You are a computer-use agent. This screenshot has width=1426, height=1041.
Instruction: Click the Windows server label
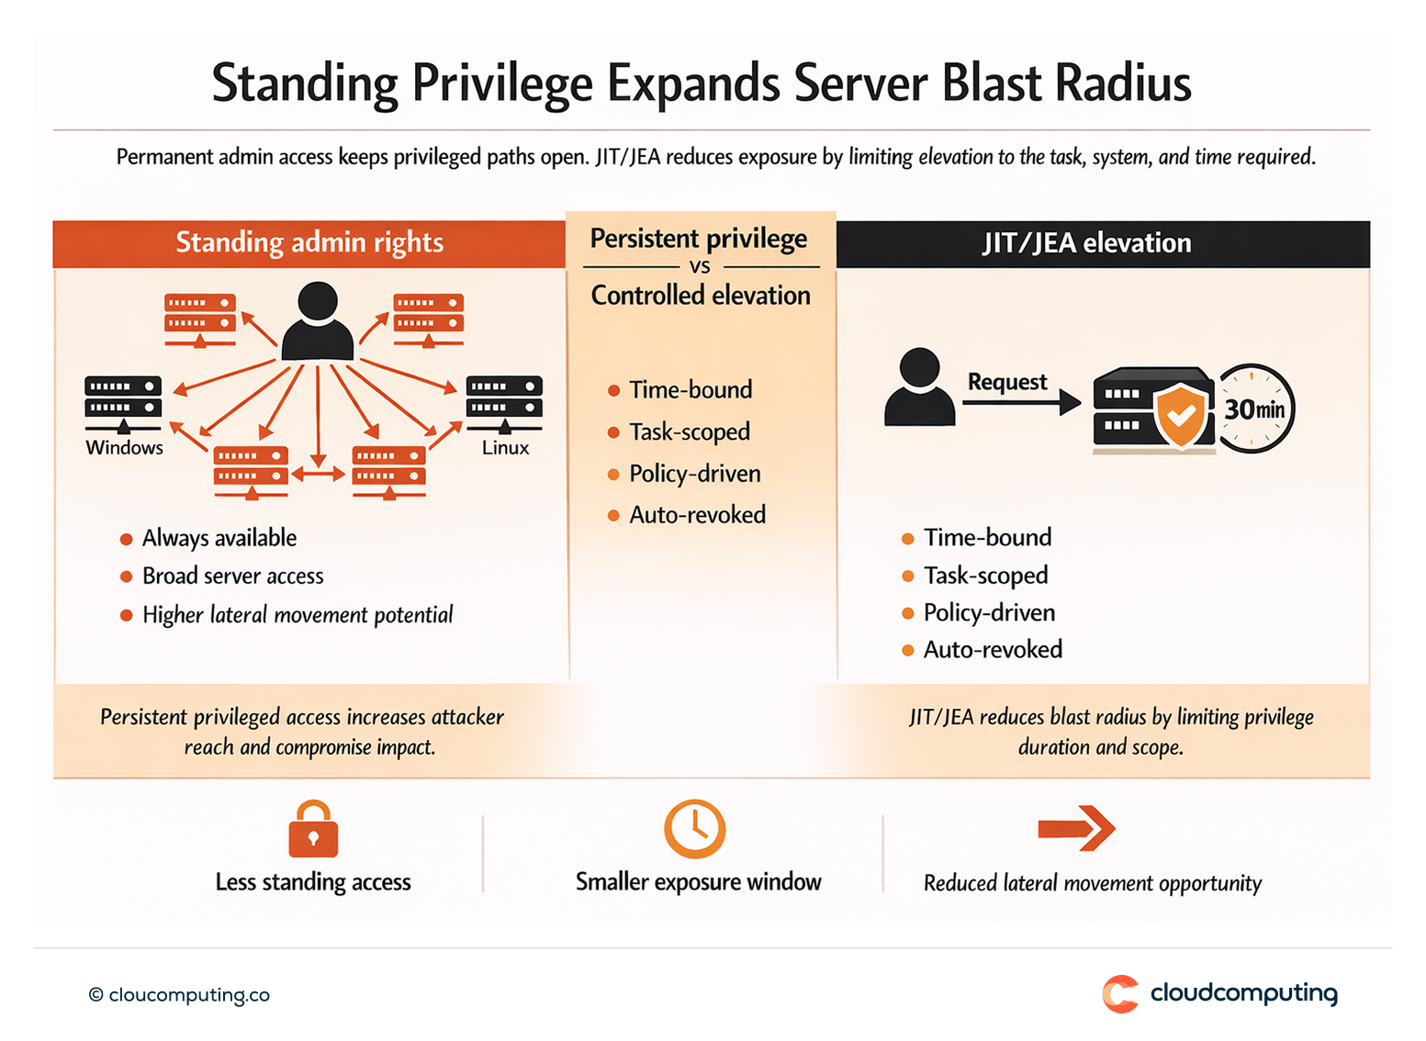click(124, 448)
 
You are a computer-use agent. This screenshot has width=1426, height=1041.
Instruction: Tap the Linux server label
click(505, 448)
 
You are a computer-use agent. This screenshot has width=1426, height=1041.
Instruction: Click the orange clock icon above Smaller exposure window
click(695, 829)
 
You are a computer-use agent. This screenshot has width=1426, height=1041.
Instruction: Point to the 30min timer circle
click(1254, 409)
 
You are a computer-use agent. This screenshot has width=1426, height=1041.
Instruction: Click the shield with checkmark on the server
click(1181, 415)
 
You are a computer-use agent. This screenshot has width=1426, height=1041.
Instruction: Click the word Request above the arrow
click(1006, 382)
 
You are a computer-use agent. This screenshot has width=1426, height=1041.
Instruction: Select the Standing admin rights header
click(309, 242)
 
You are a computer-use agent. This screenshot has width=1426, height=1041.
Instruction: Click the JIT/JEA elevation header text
click(1086, 243)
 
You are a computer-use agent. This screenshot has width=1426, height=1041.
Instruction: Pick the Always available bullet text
click(219, 538)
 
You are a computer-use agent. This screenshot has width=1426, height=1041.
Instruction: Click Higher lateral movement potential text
click(298, 615)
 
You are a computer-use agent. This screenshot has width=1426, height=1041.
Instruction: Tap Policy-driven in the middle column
click(695, 474)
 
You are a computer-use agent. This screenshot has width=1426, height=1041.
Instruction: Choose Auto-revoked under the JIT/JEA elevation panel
click(993, 650)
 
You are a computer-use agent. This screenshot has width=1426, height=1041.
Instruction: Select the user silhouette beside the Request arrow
click(919, 387)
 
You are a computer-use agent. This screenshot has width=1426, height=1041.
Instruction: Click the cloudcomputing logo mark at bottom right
click(1120, 994)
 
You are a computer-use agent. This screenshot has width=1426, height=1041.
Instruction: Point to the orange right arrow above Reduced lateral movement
click(1076, 829)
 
